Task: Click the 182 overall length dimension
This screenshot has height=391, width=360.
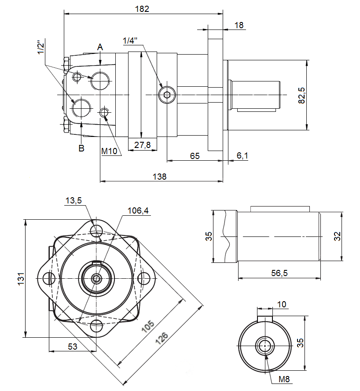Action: (x=143, y=9)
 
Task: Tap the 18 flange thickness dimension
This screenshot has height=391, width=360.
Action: (x=239, y=26)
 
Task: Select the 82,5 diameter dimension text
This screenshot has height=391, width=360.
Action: (x=301, y=95)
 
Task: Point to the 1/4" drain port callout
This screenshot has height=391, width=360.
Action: (x=130, y=41)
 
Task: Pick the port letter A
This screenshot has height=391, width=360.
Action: (x=100, y=47)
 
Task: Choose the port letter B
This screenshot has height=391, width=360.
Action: (x=81, y=148)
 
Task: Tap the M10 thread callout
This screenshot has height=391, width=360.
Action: (x=110, y=151)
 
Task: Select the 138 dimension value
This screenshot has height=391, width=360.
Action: (x=159, y=177)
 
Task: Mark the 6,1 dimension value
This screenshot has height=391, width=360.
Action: (x=242, y=155)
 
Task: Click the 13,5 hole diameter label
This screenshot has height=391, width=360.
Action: (x=73, y=201)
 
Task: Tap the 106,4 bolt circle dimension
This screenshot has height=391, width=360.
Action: (x=138, y=211)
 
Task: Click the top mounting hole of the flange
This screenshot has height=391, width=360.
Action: (x=96, y=230)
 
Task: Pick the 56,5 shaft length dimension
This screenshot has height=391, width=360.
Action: (x=279, y=273)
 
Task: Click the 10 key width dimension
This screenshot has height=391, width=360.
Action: (x=282, y=304)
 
